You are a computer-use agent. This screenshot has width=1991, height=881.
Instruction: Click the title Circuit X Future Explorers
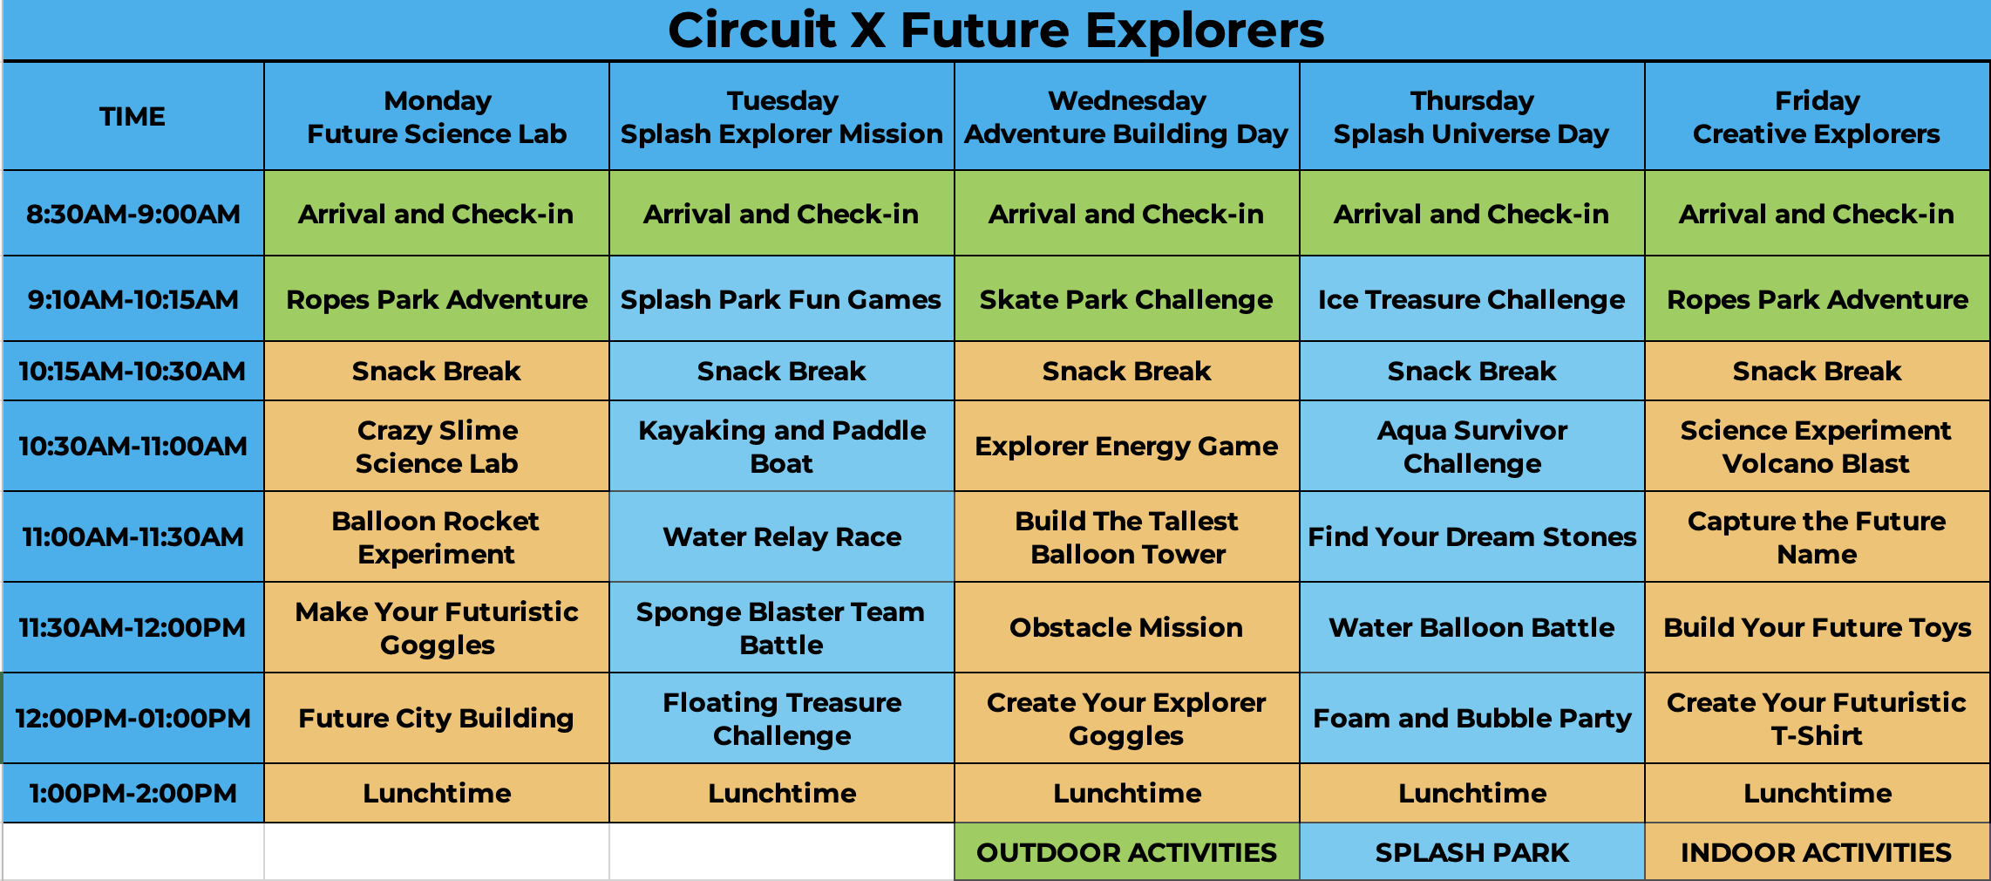coord(996,31)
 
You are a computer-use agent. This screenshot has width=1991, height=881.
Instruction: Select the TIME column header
coord(133,116)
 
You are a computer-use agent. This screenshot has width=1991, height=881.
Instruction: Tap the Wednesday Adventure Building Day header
coord(1127,116)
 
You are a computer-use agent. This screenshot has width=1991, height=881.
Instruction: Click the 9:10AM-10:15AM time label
coord(133,299)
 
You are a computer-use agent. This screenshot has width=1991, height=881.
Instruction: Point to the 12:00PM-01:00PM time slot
coord(133,718)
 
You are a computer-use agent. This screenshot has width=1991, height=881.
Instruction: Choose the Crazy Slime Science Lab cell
coord(437,446)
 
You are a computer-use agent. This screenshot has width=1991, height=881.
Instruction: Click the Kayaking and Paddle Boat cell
coord(782,446)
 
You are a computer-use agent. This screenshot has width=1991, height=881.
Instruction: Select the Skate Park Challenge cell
coord(1127,298)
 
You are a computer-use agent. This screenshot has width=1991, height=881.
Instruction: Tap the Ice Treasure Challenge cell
coord(1472,298)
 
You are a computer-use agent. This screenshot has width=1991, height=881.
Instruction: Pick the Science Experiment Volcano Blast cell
coord(1817,446)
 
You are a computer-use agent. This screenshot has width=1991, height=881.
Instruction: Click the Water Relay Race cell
coord(782,536)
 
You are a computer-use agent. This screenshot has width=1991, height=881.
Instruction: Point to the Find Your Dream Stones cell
coord(1472,536)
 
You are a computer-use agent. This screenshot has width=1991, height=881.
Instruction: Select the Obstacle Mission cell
coord(1127,627)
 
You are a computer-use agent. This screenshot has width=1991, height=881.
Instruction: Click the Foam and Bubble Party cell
coord(1472,718)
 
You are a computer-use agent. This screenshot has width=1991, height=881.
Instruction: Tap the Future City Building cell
coord(437,718)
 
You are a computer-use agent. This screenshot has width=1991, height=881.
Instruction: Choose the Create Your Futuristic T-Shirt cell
coord(1817,718)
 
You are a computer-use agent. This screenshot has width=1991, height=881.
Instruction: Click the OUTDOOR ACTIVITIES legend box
coord(1127,851)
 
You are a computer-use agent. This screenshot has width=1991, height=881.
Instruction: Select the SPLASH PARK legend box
coord(1472,851)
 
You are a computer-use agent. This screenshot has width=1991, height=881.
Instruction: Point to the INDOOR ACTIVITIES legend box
coord(1817,851)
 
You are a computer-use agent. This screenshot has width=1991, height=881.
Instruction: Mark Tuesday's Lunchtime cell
coord(782,793)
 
